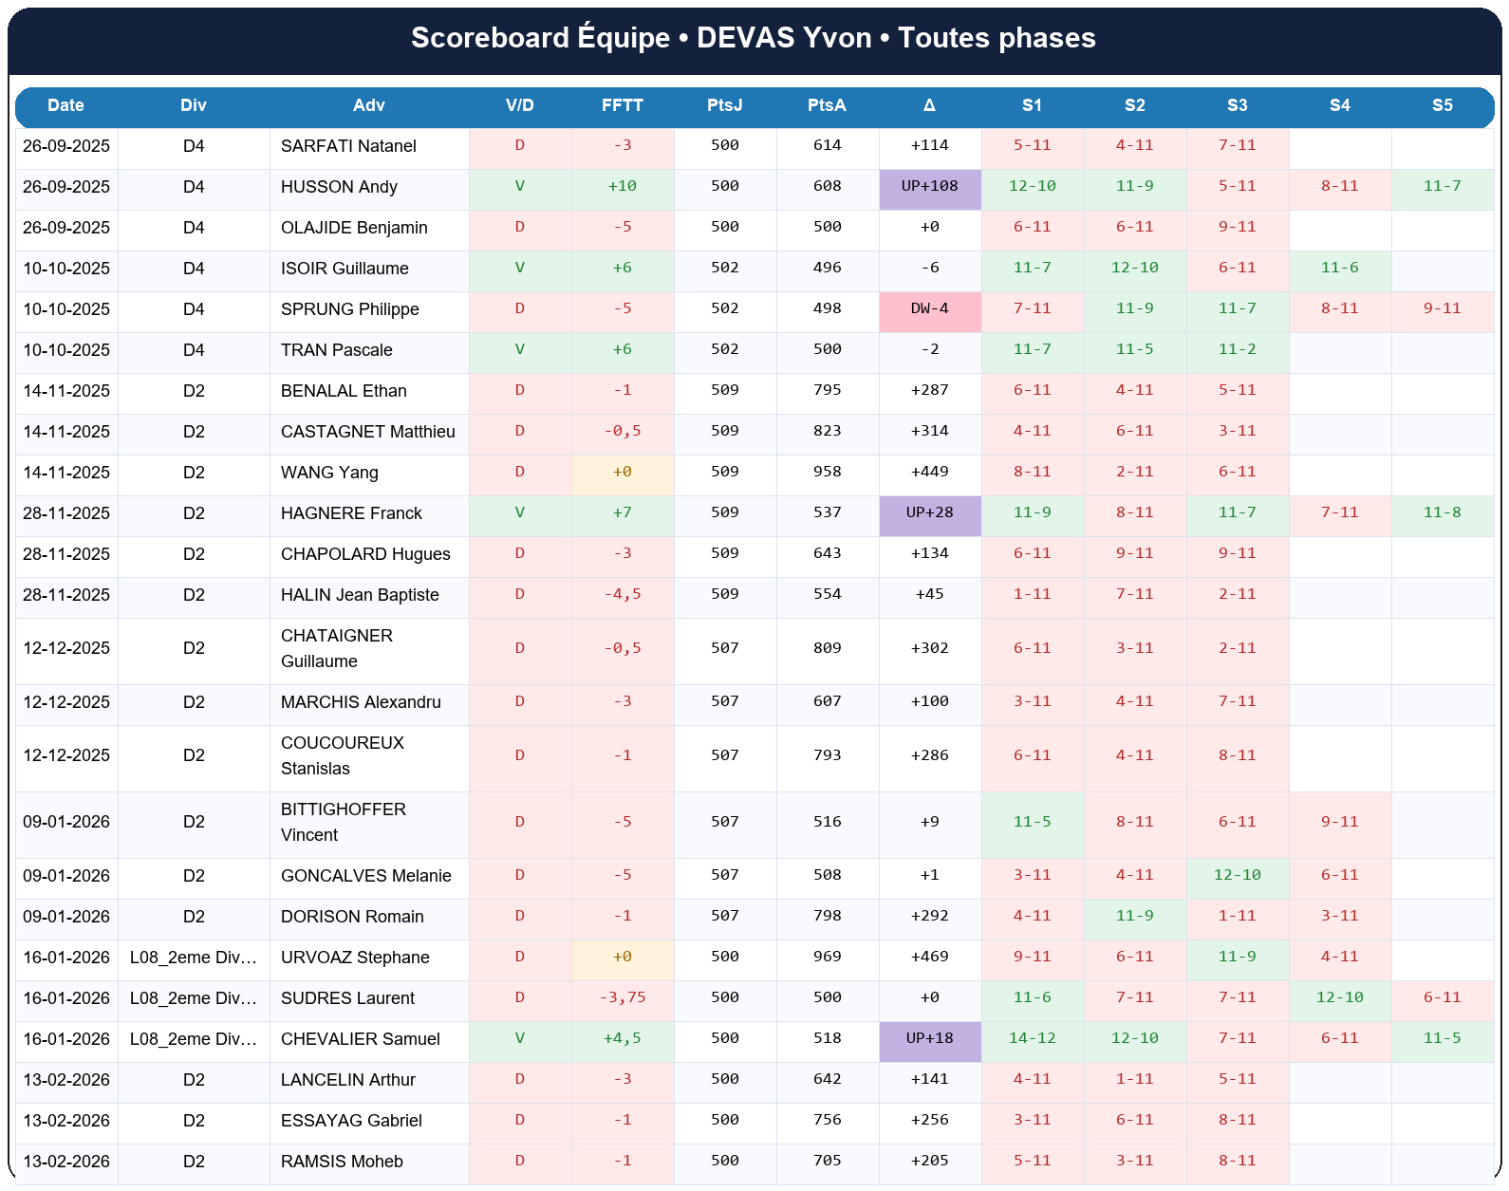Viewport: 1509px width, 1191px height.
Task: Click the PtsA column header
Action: pos(827,105)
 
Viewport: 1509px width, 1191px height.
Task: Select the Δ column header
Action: pos(929,105)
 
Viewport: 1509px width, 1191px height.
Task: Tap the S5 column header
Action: pos(1442,105)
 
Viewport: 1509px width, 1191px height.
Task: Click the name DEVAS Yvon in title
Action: pos(784,38)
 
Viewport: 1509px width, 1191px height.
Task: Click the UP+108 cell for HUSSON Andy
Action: pos(929,187)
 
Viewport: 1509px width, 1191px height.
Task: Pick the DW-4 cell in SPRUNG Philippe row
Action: pos(929,309)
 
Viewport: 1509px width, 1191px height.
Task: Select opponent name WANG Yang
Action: pos(329,473)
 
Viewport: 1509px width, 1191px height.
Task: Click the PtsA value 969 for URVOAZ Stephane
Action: pos(827,958)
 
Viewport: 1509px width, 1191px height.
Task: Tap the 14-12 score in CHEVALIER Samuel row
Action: pos(1032,1039)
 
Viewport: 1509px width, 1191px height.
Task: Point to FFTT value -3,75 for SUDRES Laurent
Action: pos(622,998)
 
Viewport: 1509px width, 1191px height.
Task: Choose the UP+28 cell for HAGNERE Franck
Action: pos(929,513)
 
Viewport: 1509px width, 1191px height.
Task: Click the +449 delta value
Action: pos(929,473)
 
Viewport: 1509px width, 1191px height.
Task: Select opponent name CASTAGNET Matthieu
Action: pos(367,432)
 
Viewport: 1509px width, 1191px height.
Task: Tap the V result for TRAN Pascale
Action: pos(519,350)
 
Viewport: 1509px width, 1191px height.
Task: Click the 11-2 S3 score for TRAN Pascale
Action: pos(1237,350)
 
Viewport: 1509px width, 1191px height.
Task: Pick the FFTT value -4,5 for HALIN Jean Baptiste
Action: pos(622,595)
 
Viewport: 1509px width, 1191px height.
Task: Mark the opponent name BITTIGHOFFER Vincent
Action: pos(343,822)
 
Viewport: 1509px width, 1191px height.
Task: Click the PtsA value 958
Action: pos(827,473)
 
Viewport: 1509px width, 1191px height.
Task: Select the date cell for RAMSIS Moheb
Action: pos(66,1162)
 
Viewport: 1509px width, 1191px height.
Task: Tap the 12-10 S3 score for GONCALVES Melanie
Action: pos(1237,876)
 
